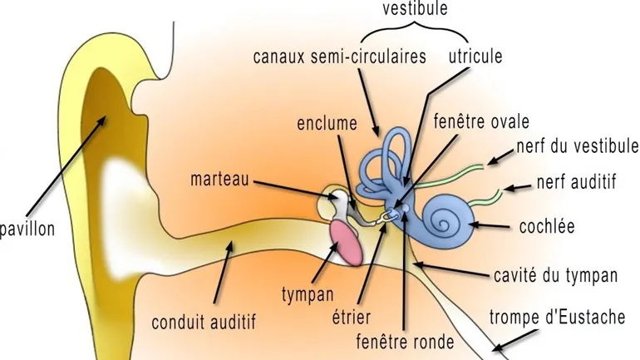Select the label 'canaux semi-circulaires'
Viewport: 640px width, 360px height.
(x=340, y=57)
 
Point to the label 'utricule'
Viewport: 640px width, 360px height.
(x=475, y=57)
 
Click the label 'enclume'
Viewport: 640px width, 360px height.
(x=327, y=124)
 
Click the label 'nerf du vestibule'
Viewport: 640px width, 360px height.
(x=577, y=146)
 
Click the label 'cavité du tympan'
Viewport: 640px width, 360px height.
(x=554, y=274)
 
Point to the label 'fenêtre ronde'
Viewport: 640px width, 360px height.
(x=405, y=342)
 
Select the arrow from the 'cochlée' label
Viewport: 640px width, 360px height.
(x=497, y=224)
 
